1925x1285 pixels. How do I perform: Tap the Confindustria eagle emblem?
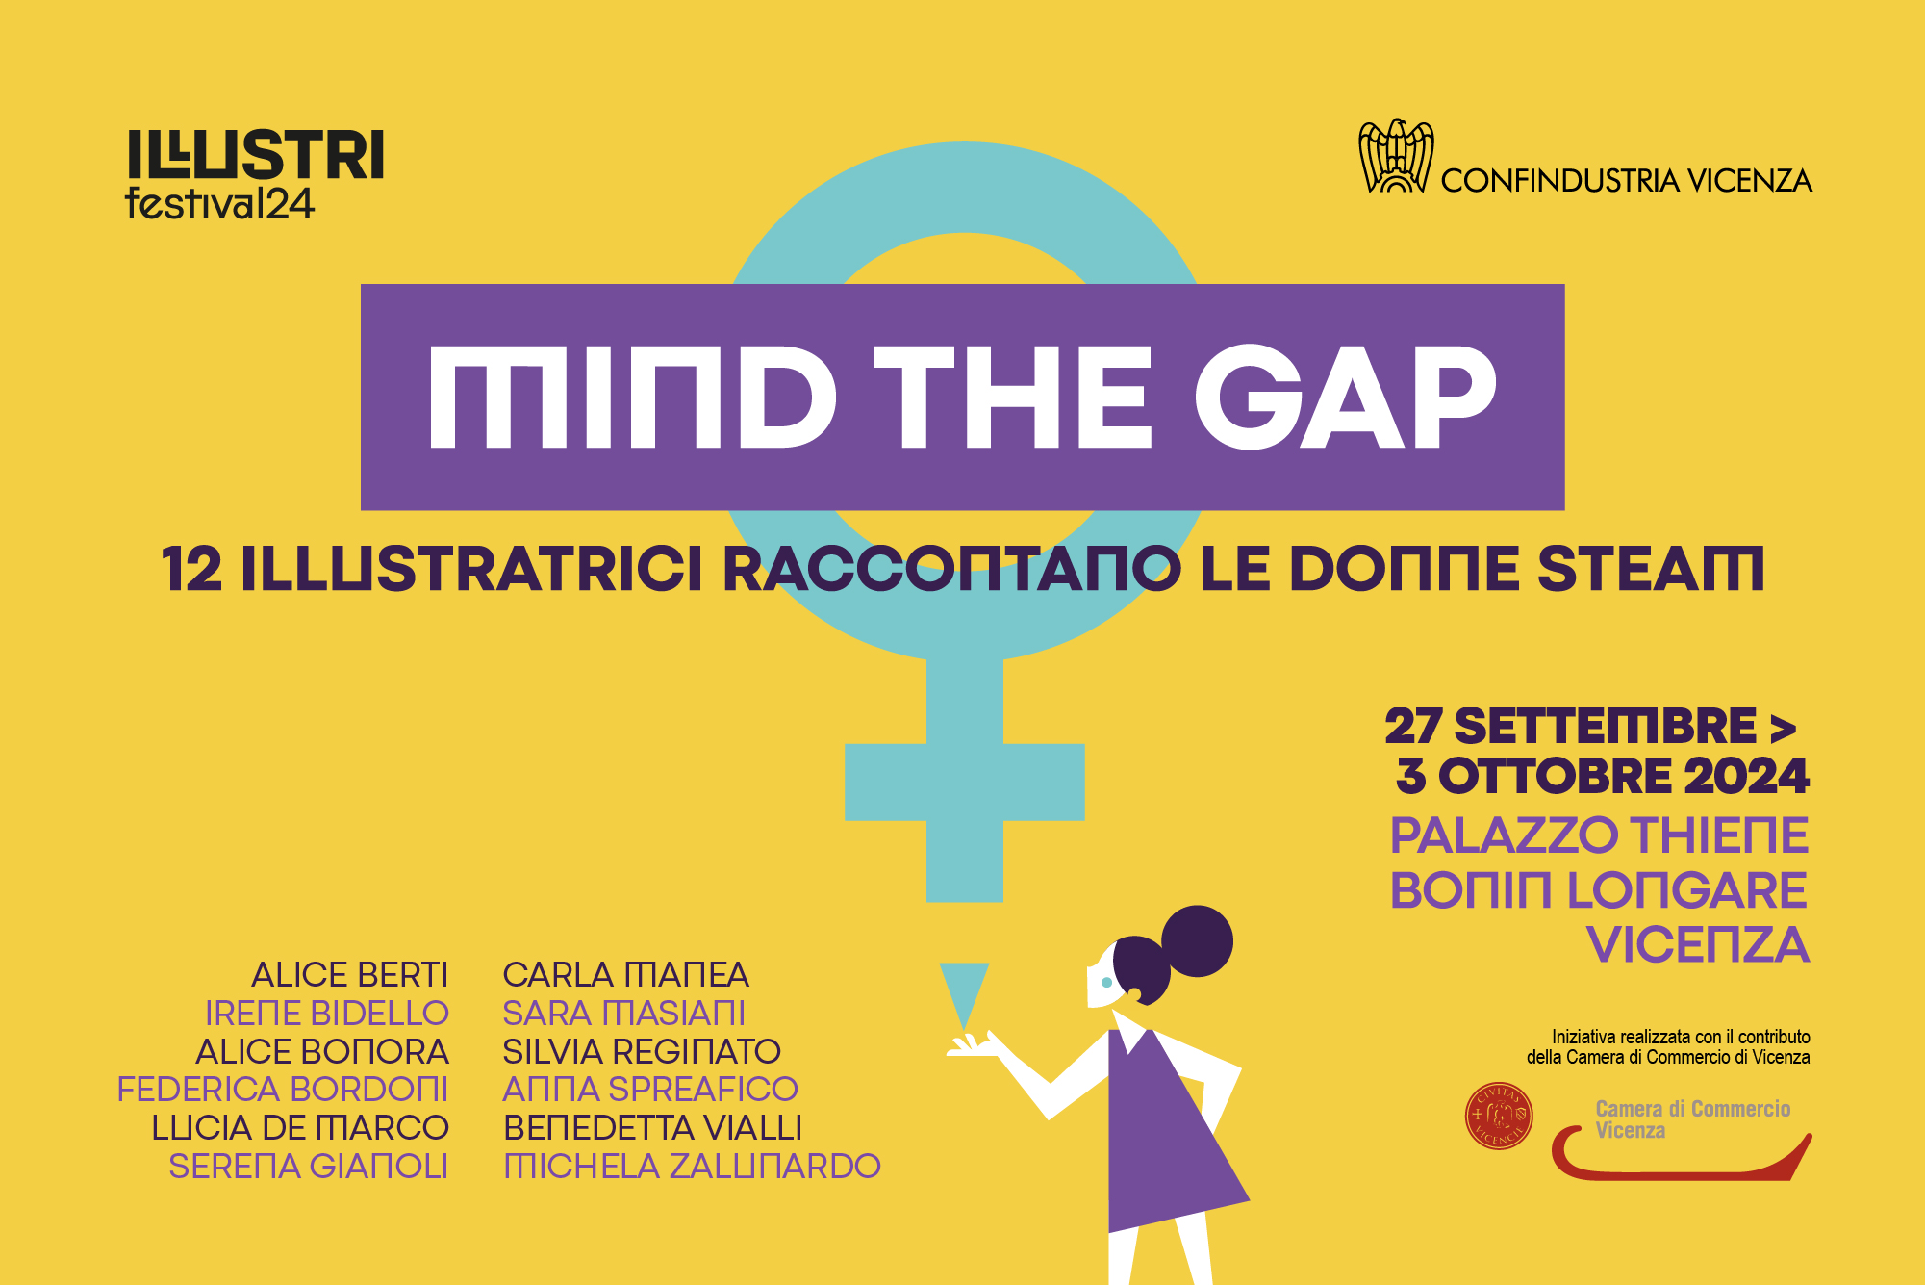click(x=1396, y=156)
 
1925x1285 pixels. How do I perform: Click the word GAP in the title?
click(x=1346, y=397)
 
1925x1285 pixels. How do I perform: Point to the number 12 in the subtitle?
click(x=192, y=569)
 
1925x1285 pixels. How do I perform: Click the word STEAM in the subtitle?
click(x=1651, y=569)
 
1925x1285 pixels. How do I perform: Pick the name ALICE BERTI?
click(x=350, y=975)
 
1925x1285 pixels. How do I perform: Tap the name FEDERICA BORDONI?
click(x=283, y=1090)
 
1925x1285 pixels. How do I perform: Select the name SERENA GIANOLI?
click(x=309, y=1167)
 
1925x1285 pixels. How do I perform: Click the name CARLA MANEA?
click(x=625, y=975)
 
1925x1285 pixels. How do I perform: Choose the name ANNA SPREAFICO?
click(x=650, y=1090)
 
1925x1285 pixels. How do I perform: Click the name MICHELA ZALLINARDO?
click(x=692, y=1167)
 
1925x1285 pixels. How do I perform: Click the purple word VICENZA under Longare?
click(x=1698, y=944)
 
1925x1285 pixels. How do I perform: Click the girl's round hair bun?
click(x=1198, y=941)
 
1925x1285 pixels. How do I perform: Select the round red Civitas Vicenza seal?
click(x=1499, y=1117)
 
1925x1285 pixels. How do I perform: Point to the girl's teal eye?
click(x=1106, y=983)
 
